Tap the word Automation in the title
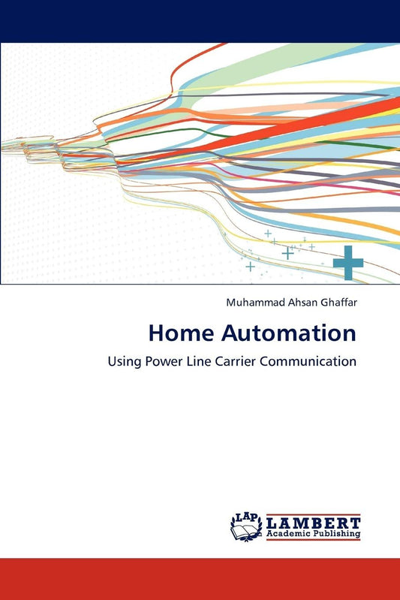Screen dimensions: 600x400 [x=281, y=333]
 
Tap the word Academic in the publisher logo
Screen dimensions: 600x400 [x=288, y=534]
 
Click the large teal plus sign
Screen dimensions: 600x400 [x=348, y=264]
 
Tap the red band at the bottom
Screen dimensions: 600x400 [x=200, y=578]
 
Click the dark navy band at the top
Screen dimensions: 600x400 [x=200, y=20]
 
